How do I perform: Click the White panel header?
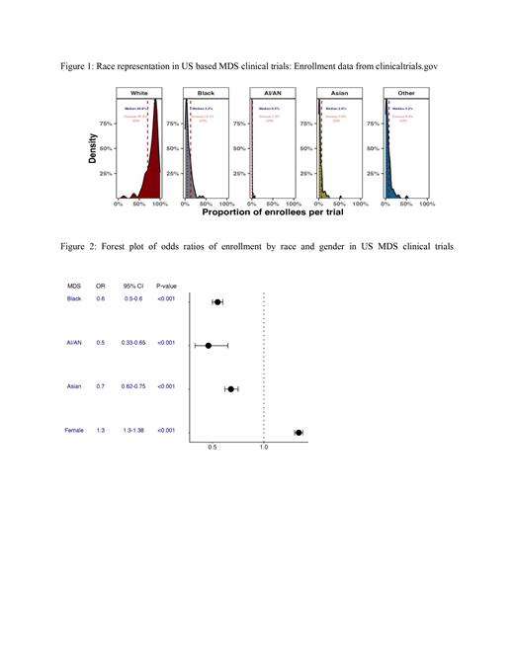[x=139, y=92]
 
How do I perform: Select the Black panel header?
[x=205, y=92]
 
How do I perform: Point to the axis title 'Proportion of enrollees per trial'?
[x=265, y=212]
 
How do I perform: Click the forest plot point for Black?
[x=217, y=301]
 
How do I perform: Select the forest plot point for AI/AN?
[x=209, y=345]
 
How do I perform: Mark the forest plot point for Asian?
[x=231, y=388]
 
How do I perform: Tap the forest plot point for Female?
[x=299, y=432]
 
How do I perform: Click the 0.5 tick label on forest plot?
[x=212, y=448]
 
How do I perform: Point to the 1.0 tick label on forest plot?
[x=264, y=448]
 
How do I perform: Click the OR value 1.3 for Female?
[x=101, y=430]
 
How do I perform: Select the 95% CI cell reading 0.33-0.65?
[x=131, y=343]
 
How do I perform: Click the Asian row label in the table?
[x=74, y=386]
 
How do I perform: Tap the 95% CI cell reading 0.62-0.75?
[x=131, y=386]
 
